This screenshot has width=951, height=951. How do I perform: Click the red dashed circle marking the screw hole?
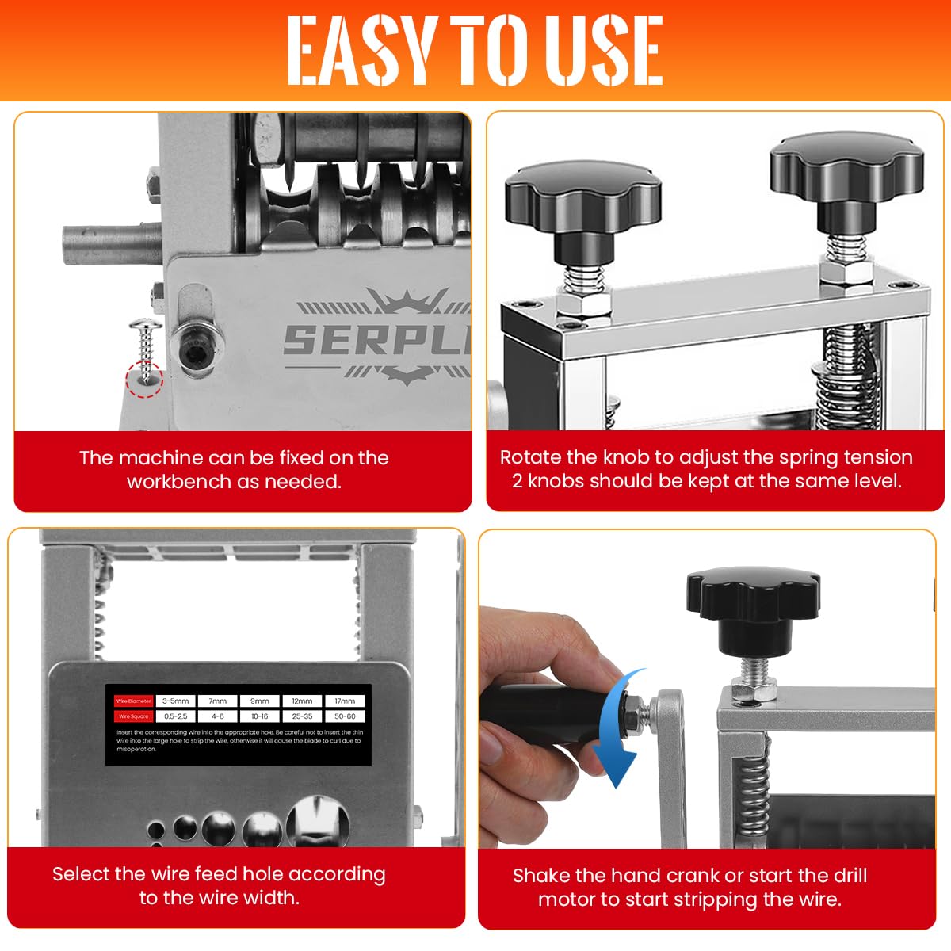pos(144,378)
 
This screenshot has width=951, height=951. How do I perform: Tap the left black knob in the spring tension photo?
pos(583,202)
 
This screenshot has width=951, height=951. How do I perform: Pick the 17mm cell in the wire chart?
pos(345,701)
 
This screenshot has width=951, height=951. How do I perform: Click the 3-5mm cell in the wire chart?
pos(175,701)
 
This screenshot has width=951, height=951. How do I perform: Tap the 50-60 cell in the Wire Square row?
pos(345,716)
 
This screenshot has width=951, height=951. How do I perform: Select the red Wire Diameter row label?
pos(133,701)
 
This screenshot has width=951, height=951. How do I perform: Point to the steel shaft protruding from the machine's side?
pos(111,246)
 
